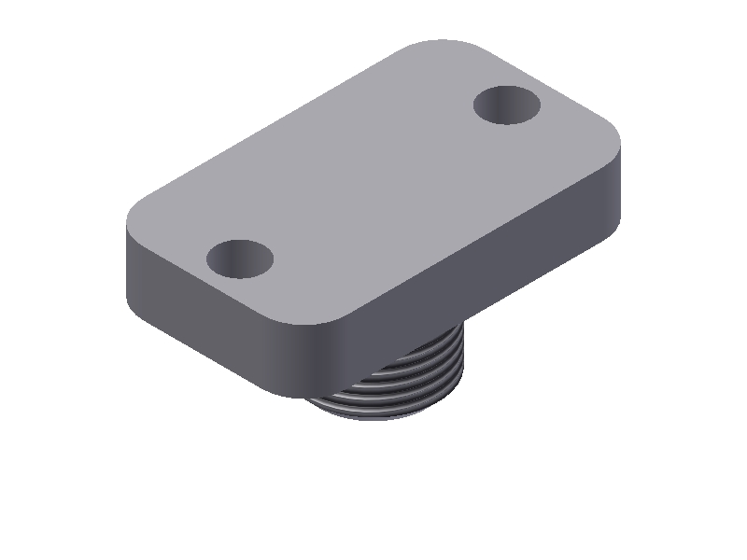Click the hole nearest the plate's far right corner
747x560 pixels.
pyautogui.click(x=507, y=105)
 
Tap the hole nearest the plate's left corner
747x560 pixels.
pyautogui.click(x=239, y=259)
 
